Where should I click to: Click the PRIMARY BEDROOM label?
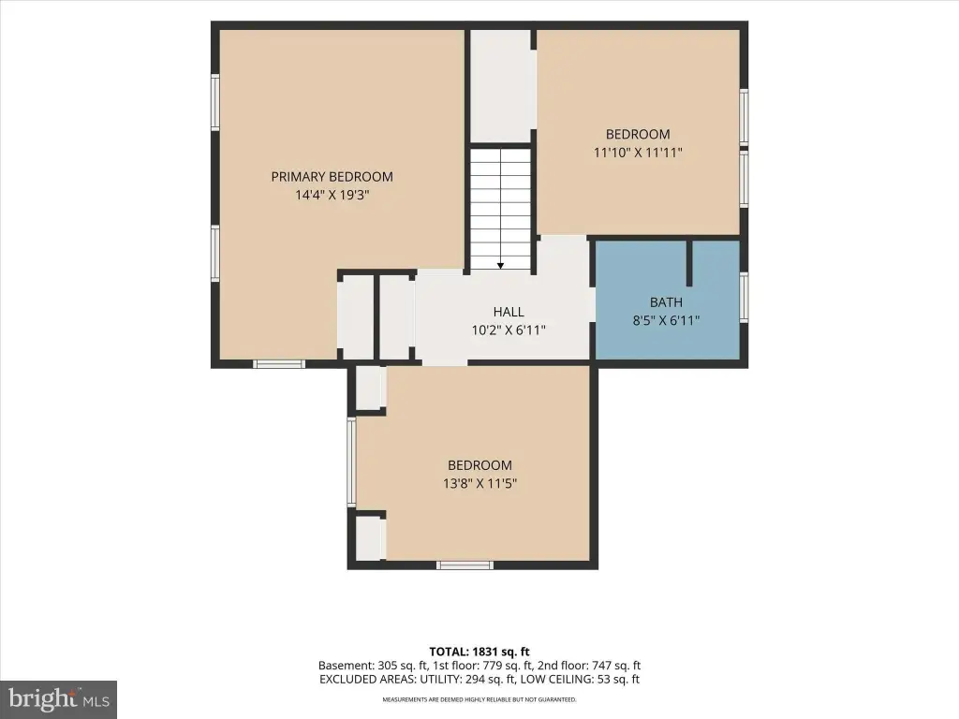(x=332, y=177)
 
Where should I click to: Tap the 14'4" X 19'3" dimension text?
(x=332, y=195)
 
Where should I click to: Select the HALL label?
(x=509, y=312)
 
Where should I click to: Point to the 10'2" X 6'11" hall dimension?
(x=509, y=330)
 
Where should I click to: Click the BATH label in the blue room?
(x=666, y=302)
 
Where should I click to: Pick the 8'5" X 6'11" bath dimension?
(x=666, y=320)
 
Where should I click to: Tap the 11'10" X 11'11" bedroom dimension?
(x=638, y=153)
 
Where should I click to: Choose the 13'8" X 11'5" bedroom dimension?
(x=480, y=484)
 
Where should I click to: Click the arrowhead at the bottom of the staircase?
(x=500, y=265)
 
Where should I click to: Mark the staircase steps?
(x=500, y=208)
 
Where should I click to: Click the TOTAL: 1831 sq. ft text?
(x=479, y=652)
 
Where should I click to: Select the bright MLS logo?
(x=59, y=699)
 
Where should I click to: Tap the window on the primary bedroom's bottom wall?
(x=279, y=364)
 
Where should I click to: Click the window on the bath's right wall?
(x=744, y=297)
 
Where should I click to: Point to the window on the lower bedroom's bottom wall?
(x=465, y=565)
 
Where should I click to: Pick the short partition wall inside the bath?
(x=689, y=263)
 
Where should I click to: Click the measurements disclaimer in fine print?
(x=479, y=699)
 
